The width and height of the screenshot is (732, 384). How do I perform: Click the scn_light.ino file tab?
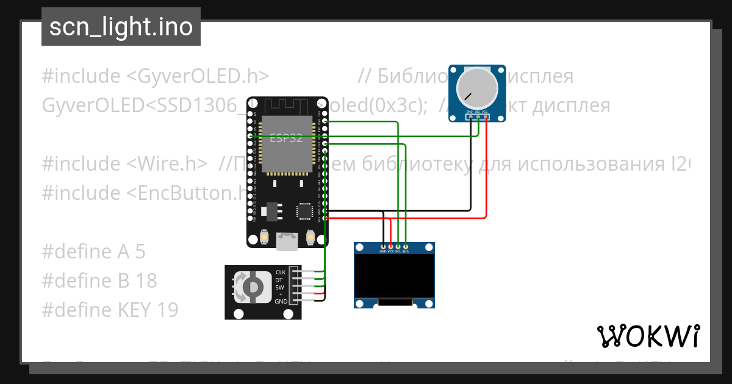click(x=121, y=27)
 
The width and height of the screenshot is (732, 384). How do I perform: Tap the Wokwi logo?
click(x=647, y=336)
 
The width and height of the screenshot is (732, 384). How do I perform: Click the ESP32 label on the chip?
click(x=286, y=138)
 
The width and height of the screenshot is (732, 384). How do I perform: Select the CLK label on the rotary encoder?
click(x=281, y=272)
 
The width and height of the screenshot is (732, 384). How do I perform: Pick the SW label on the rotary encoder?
click(x=279, y=287)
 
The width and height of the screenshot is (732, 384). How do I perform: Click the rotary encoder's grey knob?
click(x=250, y=287)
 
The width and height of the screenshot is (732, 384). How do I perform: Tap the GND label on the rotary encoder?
click(x=281, y=302)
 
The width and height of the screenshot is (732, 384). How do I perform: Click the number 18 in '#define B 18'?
click(x=146, y=280)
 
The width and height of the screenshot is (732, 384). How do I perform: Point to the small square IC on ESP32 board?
click(x=304, y=211)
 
